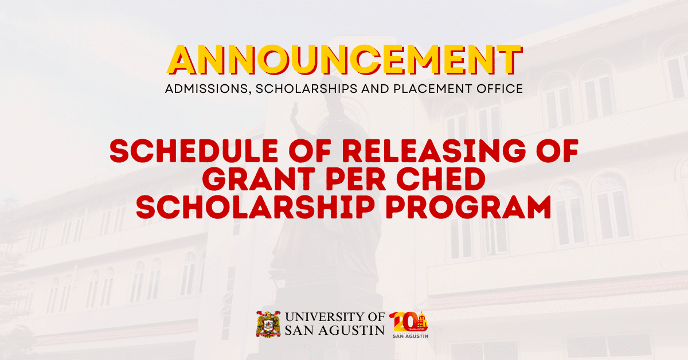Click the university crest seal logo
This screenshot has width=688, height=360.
267,324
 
